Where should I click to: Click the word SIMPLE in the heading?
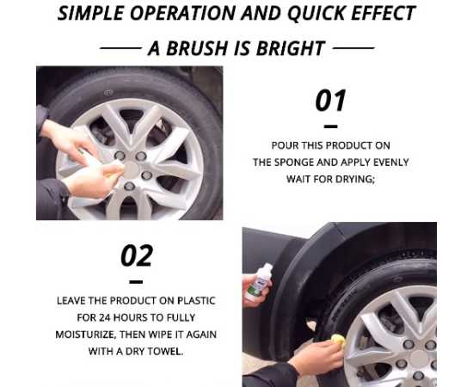pos(90,13)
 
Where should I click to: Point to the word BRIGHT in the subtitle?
pos(290,48)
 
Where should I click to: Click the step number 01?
pos(330,101)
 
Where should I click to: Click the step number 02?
pos(137,255)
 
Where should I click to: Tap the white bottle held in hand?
pos(258,283)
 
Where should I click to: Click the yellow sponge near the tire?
pos(338,340)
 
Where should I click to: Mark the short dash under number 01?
pos(330,126)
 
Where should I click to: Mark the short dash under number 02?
pos(136,282)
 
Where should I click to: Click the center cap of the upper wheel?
pos(132,169)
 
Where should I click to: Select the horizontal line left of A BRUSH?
pos(120,48)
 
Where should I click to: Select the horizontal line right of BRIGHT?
pos(353,48)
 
